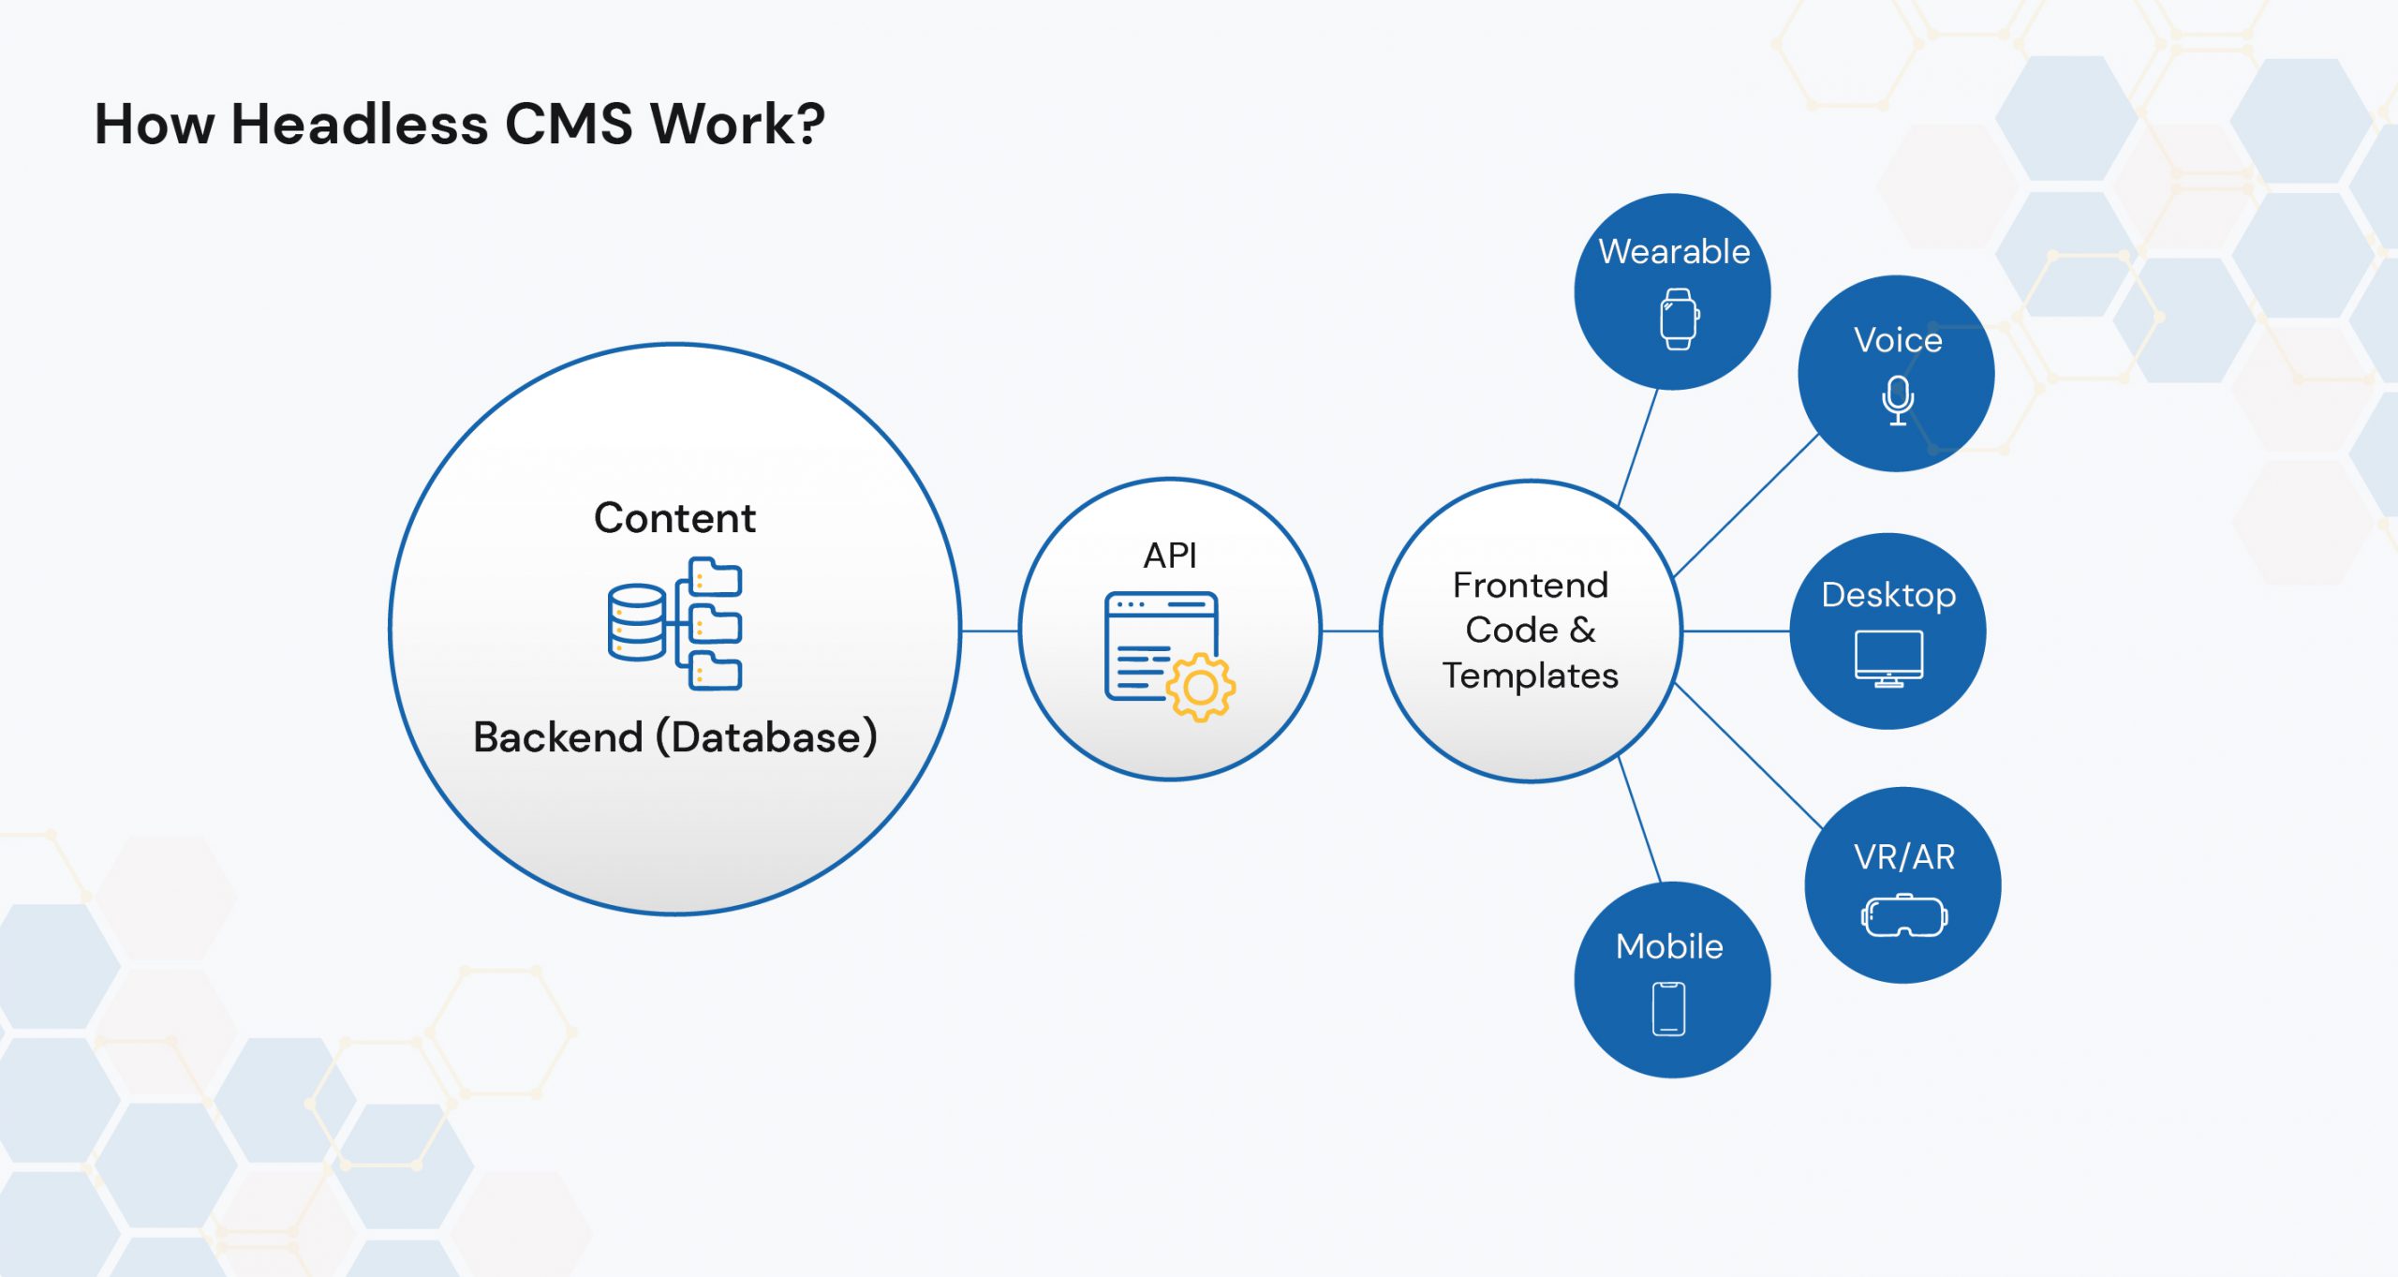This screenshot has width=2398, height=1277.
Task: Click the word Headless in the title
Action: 359,124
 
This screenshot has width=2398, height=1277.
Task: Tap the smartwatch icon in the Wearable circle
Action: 1680,319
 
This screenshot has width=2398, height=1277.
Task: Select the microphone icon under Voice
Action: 1898,401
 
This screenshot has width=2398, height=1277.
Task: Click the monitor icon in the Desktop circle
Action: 1888,659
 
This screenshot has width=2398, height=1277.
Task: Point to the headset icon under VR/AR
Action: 1904,915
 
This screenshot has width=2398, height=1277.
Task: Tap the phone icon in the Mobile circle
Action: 1668,1009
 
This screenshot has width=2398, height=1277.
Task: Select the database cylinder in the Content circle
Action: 637,622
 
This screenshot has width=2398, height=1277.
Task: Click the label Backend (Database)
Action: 675,737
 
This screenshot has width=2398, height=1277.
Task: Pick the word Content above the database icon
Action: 674,518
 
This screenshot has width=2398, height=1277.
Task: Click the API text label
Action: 1170,556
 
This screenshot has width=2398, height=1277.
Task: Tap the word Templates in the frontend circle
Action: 1531,676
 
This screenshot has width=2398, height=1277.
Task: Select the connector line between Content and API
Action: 990,631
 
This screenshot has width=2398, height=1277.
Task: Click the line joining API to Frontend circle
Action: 1351,631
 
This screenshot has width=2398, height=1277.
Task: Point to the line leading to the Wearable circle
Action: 1638,448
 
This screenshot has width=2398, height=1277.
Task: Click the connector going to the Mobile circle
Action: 1640,820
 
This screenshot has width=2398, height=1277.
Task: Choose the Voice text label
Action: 1898,340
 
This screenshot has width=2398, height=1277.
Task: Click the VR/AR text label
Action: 1904,857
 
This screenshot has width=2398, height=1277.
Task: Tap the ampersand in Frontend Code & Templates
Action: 1583,630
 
